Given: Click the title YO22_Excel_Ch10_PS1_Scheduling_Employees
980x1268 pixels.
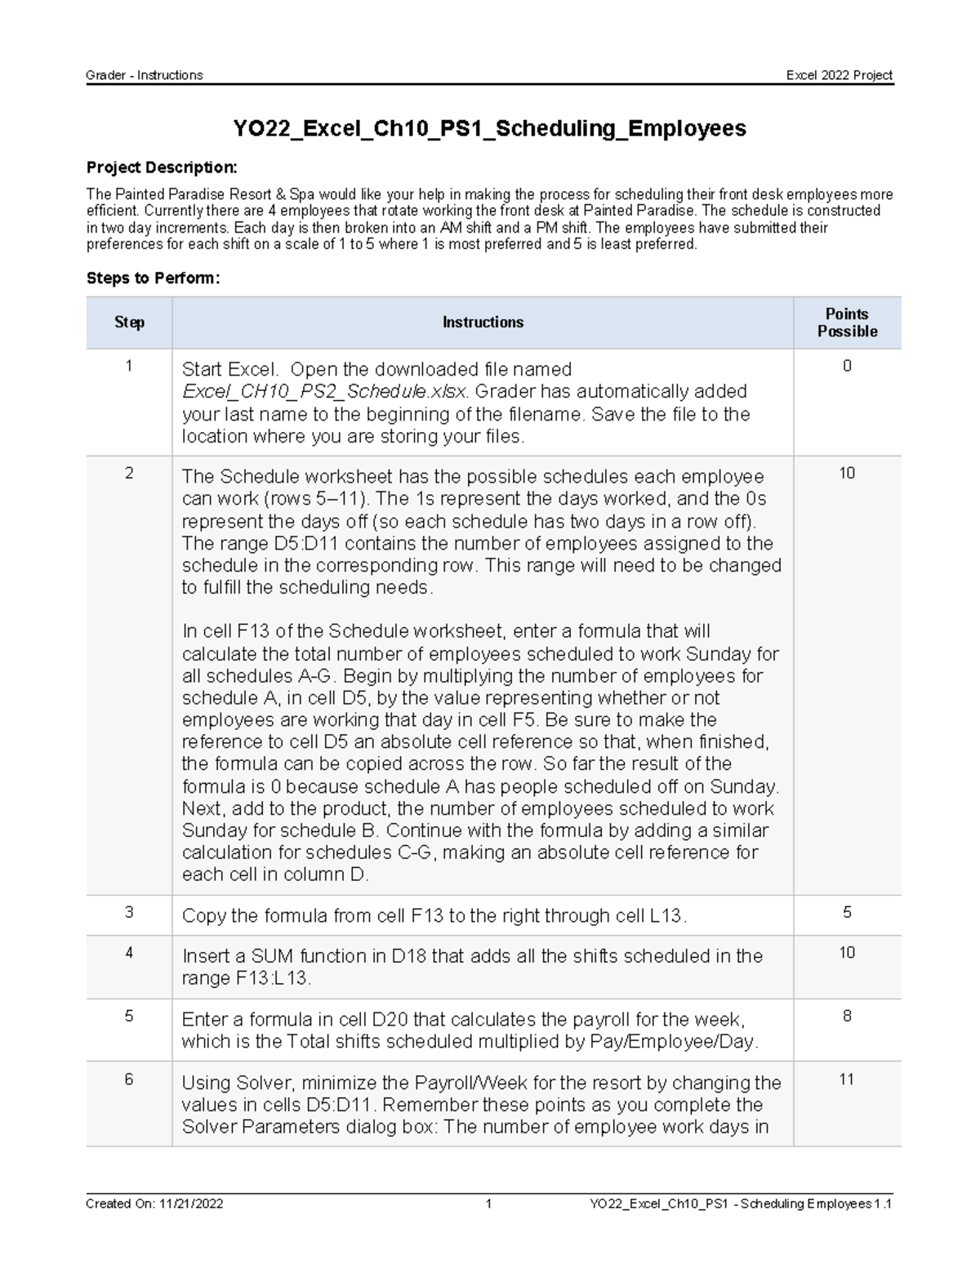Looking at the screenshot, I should click(489, 128).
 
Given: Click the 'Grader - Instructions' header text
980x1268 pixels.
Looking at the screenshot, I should click(145, 75).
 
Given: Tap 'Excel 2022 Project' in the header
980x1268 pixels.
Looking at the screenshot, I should click(839, 75).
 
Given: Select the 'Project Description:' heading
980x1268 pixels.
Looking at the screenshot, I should click(162, 167).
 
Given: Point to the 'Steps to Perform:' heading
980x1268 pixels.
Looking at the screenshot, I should click(153, 278).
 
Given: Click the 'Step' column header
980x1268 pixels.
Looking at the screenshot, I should click(129, 323).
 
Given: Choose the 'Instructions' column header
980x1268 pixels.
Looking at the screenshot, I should click(483, 323).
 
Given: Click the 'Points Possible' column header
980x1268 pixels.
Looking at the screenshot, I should click(847, 323).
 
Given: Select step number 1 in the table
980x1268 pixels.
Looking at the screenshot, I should click(129, 366).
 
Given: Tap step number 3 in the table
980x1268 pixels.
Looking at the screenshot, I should click(129, 912).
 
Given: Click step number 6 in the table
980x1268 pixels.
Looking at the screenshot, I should click(129, 1079).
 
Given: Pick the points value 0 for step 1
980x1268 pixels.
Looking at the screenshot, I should click(847, 366).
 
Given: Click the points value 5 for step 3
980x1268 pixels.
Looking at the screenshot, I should click(847, 912).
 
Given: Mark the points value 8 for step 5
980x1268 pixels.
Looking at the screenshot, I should click(847, 1017).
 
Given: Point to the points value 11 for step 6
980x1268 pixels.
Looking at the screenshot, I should click(847, 1079).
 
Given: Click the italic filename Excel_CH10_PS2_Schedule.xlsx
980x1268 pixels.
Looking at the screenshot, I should click(324, 392).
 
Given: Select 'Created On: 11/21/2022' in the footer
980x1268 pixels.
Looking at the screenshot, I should click(154, 1203).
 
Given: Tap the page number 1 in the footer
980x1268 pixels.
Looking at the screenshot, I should click(488, 1203).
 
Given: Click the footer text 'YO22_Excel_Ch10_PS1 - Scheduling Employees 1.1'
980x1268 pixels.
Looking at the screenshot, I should click(741, 1203).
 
